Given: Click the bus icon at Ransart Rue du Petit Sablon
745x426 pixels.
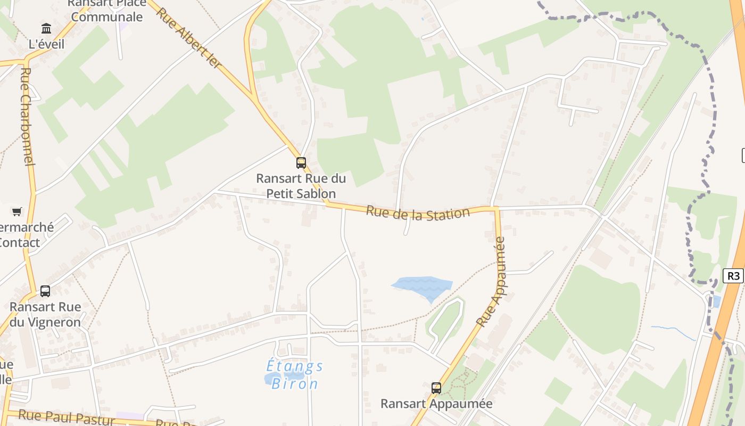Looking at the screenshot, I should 301,163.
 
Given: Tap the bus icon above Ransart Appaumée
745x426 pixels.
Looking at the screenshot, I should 436,388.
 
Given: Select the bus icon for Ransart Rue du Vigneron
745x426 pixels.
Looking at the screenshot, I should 45,291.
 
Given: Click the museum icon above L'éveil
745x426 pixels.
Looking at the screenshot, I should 46,28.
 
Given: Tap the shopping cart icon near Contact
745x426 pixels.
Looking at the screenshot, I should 16,212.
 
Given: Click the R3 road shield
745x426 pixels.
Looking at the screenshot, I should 733,275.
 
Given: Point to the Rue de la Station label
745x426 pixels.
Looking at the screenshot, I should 418,212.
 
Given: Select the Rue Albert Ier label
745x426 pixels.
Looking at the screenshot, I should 189,38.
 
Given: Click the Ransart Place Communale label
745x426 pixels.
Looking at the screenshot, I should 106,10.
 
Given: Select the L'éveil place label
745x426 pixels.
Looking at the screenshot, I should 46,44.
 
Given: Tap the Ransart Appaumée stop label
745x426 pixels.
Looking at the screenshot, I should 436,404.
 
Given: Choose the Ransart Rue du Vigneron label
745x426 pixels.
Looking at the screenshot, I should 45,314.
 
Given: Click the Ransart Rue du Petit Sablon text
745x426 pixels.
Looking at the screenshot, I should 301,186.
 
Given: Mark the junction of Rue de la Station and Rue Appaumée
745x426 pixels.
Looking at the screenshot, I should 496,208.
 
